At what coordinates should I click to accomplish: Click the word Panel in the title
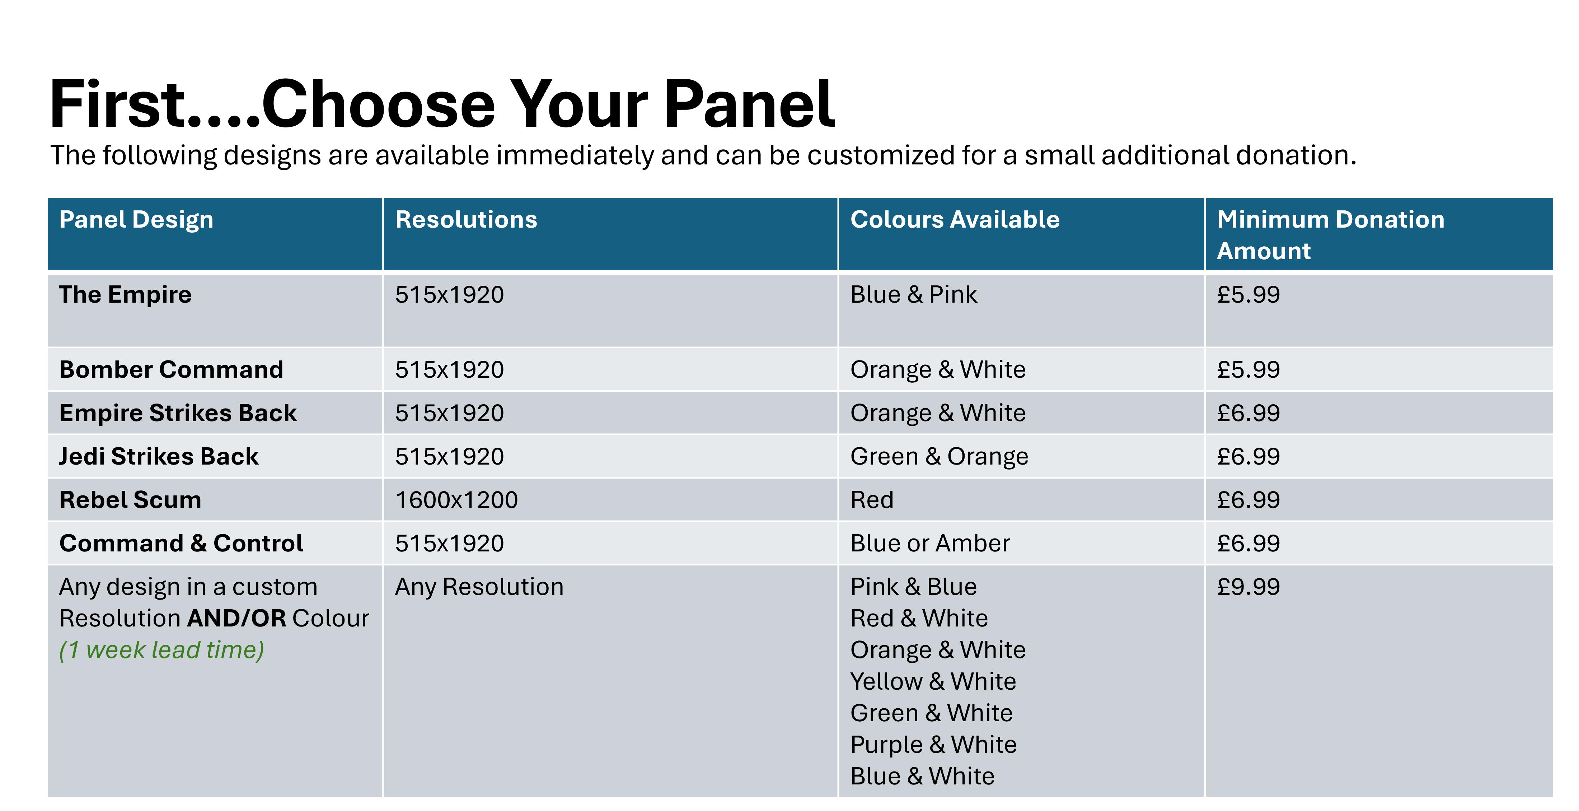(x=749, y=104)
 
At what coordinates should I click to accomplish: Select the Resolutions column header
(x=466, y=219)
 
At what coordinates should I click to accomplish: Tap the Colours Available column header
(x=954, y=219)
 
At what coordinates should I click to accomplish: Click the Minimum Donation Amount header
(x=1330, y=235)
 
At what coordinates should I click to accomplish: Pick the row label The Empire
(x=125, y=294)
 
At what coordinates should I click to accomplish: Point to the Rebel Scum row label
(x=130, y=500)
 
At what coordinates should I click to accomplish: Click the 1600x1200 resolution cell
(x=456, y=500)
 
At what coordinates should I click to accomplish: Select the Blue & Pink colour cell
(x=913, y=294)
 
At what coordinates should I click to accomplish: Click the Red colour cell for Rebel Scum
(x=872, y=500)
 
